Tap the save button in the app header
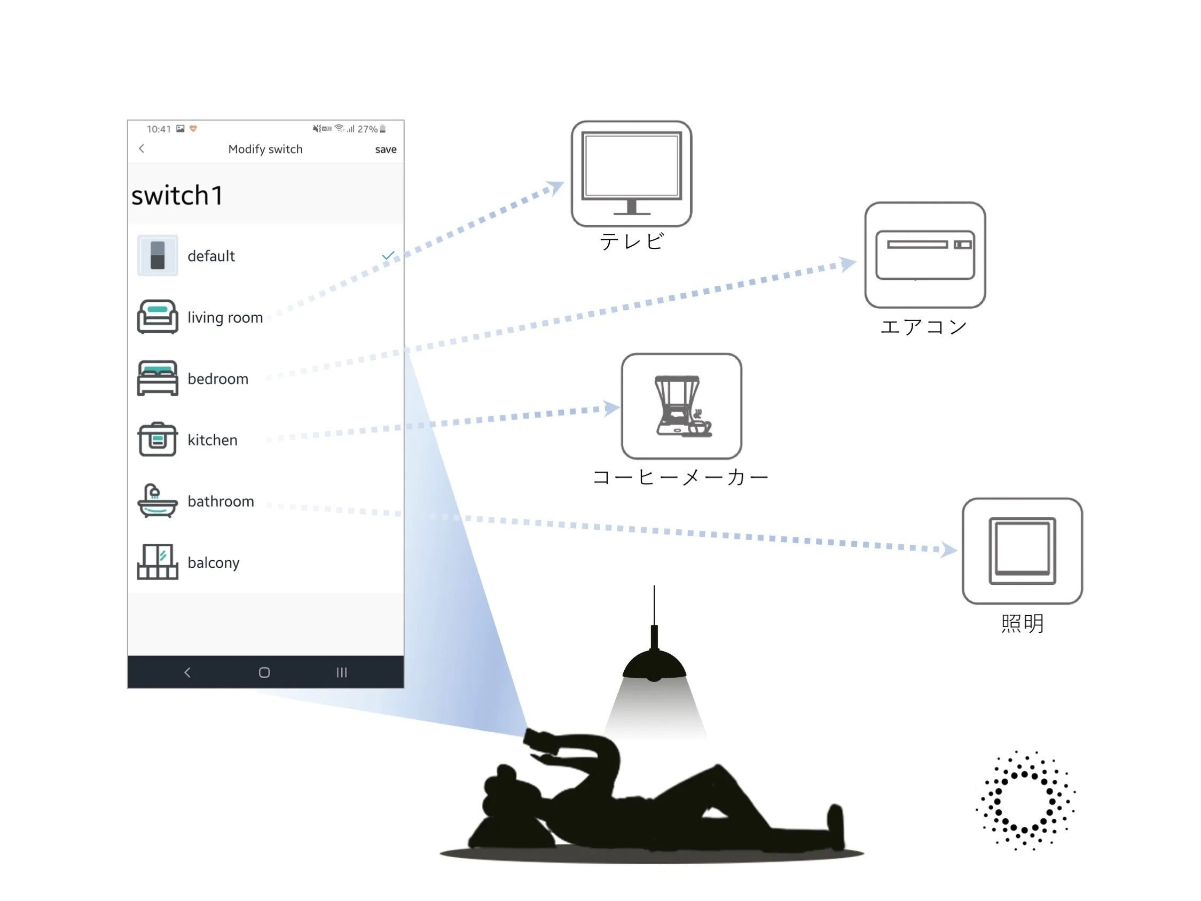[x=386, y=150]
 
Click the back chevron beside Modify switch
[x=142, y=149]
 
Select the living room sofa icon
[x=158, y=317]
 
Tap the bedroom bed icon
[x=158, y=378]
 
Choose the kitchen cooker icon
[x=158, y=440]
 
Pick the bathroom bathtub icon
[x=158, y=501]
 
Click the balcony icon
[x=158, y=562]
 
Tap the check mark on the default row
[x=388, y=255]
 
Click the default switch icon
[x=158, y=255]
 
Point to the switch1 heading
[x=177, y=195]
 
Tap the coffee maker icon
[x=681, y=406]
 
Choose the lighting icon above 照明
[x=1022, y=551]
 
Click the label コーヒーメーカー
[x=680, y=477]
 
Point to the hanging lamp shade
[x=654, y=666]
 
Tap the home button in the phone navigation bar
[x=264, y=672]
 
